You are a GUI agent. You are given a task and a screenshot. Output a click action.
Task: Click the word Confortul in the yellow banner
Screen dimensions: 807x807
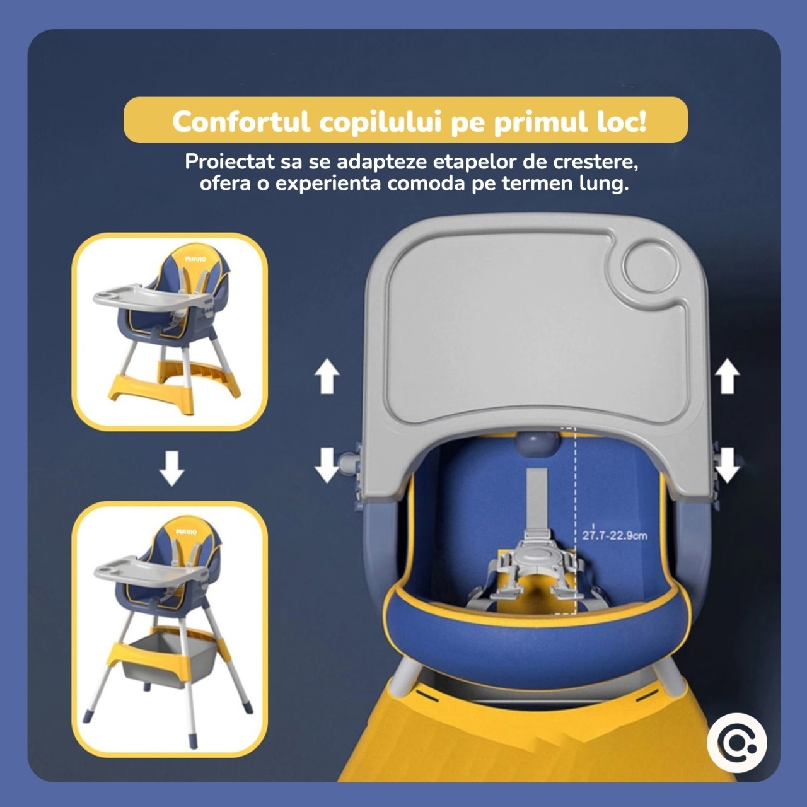[241, 122]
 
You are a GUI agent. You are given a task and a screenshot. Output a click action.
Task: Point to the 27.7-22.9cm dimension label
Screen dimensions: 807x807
[614, 535]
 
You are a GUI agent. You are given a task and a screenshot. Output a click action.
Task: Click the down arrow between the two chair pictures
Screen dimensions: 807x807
[171, 468]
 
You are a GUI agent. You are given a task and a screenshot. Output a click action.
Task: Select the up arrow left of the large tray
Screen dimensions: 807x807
[327, 376]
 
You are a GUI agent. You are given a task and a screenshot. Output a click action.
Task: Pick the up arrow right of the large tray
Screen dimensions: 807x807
[727, 376]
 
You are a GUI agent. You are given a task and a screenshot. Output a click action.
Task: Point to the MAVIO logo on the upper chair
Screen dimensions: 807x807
[195, 259]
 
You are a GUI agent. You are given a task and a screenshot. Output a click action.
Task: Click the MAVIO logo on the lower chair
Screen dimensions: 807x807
[187, 532]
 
